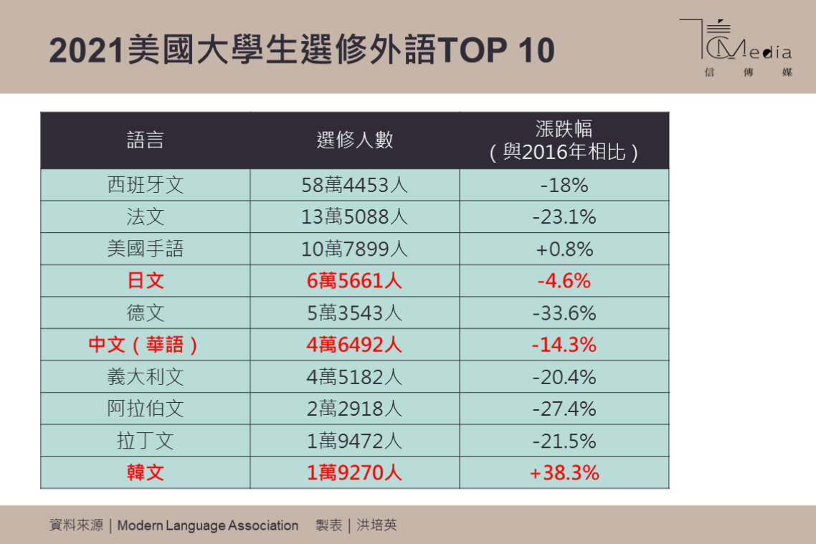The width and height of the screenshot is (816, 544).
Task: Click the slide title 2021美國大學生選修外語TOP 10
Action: click(x=302, y=51)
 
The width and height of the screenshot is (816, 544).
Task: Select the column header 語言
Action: click(x=146, y=140)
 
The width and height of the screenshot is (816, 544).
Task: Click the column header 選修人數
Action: click(x=355, y=140)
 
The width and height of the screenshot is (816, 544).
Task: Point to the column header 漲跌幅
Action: click(x=564, y=140)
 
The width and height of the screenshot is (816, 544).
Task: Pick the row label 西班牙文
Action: click(x=146, y=185)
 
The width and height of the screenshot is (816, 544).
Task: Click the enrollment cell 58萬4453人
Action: click(x=355, y=185)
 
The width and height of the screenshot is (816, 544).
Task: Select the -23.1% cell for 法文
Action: click(x=564, y=216)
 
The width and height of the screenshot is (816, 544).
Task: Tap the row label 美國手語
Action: click(x=146, y=249)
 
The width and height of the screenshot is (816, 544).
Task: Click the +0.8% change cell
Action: click(x=564, y=249)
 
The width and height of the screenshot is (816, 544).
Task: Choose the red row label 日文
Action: click(x=146, y=280)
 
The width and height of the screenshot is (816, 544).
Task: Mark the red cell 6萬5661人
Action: click(x=355, y=280)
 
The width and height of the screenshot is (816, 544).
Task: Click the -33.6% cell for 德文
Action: click(x=564, y=312)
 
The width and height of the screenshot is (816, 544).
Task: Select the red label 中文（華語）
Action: click(x=146, y=345)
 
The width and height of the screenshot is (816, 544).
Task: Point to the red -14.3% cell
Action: click(x=564, y=345)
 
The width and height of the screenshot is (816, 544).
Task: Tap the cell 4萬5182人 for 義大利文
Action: click(x=355, y=376)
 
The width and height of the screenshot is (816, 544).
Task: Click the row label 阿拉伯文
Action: click(x=146, y=409)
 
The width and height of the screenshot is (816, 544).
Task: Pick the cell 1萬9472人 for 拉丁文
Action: click(x=355, y=440)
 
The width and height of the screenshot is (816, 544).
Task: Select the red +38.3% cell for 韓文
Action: click(x=564, y=472)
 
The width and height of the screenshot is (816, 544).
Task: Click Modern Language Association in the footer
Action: click(x=208, y=525)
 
